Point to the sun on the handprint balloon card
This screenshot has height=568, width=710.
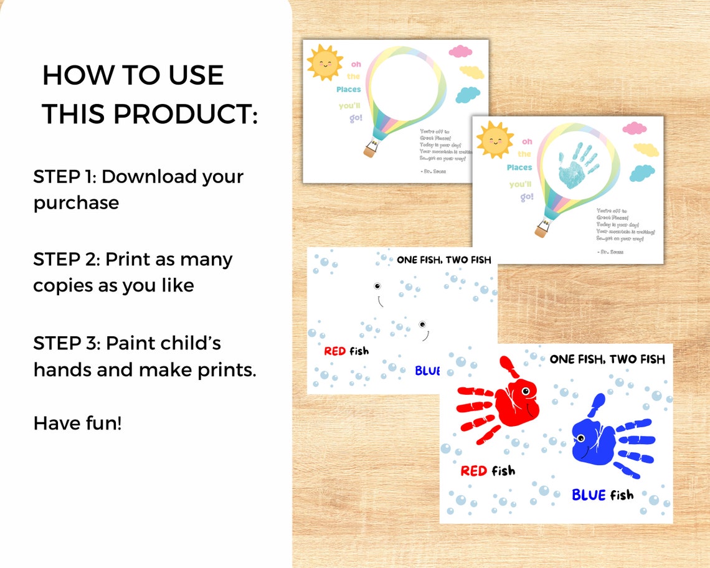click(495, 140)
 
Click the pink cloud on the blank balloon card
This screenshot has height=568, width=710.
click(461, 51)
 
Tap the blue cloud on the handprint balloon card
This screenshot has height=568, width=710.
click(641, 173)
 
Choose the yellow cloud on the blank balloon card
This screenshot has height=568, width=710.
click(471, 72)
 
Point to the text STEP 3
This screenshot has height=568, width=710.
click(65, 343)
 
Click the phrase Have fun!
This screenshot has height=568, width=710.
click(77, 424)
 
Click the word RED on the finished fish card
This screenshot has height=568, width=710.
click(473, 471)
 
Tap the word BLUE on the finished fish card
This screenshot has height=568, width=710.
click(589, 495)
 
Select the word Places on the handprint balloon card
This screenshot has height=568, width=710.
click(519, 168)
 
